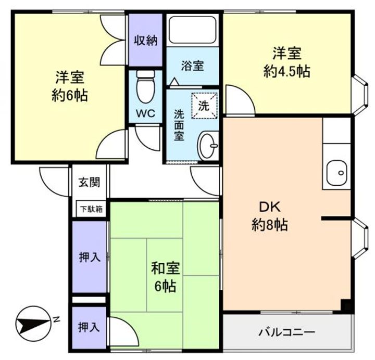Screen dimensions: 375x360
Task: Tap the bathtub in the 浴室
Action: click(193, 30)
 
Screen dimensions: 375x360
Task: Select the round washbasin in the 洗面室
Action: click(207, 146)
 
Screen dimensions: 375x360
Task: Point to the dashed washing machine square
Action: click(205, 106)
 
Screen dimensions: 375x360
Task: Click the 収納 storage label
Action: click(146, 41)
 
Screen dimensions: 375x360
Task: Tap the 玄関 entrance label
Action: click(90, 183)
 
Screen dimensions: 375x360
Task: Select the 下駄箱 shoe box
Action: click(92, 210)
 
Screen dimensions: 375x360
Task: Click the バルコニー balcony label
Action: click(287, 332)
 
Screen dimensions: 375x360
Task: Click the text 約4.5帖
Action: click(286, 71)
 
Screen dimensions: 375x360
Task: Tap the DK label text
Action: click(270, 207)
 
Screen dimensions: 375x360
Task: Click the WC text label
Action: click(145, 113)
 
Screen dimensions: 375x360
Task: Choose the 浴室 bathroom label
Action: click(193, 66)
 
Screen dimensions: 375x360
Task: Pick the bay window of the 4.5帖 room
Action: click(361, 95)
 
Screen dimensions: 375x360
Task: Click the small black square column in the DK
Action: click(346, 304)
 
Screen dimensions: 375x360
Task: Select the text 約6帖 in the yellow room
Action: click(70, 96)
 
